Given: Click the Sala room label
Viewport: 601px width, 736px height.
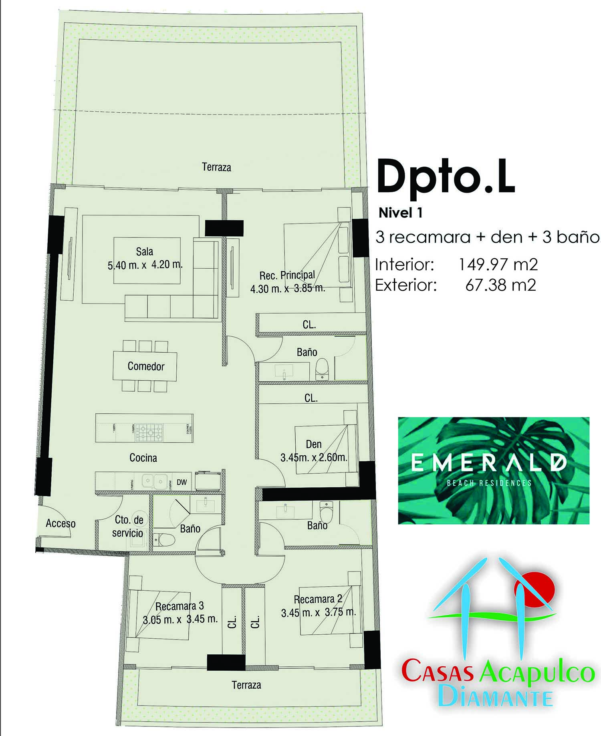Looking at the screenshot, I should (x=144, y=251).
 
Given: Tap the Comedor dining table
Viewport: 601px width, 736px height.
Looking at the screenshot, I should (x=145, y=366).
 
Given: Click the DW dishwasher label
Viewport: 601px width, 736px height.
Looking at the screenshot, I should (x=182, y=482).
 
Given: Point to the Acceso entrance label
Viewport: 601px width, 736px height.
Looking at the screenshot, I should (x=61, y=523).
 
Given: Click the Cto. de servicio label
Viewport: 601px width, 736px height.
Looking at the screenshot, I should (x=128, y=526).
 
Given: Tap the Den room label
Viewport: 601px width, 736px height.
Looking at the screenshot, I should (x=313, y=444).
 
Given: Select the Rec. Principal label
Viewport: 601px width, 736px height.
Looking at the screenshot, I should (x=287, y=275).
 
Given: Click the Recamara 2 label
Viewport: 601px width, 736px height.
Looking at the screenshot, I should (x=318, y=599).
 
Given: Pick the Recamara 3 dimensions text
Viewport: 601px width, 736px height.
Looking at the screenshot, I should (x=180, y=619).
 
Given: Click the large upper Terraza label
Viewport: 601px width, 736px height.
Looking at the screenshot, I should (x=216, y=167).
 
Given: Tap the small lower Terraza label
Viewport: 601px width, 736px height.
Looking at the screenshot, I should (x=246, y=685).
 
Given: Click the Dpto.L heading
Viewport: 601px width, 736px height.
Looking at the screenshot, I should (x=446, y=177).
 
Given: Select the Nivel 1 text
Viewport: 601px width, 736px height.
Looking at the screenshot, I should (x=400, y=213).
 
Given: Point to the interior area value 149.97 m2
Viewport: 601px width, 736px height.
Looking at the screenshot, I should (x=497, y=265).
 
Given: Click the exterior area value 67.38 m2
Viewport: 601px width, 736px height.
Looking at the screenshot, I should (x=500, y=285).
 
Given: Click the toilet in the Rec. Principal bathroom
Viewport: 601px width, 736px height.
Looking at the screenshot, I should (x=322, y=369).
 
